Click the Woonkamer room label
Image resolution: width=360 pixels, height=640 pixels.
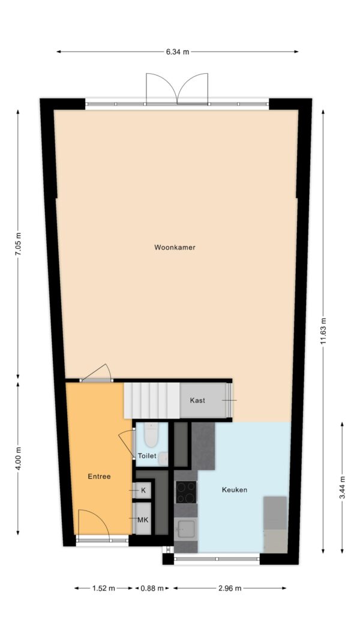coord(175,247)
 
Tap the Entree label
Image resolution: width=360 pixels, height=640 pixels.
coord(99,476)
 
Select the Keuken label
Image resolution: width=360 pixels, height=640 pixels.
coord(234,490)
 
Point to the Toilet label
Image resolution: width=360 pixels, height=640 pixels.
coord(147,456)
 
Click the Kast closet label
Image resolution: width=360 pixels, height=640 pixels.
coord(197,401)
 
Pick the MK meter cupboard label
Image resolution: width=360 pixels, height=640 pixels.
coord(142,520)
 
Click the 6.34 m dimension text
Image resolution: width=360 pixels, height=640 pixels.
coord(178,52)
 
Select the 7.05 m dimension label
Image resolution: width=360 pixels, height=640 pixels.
coord(18,244)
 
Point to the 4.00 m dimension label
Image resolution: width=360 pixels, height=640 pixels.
coord(18,458)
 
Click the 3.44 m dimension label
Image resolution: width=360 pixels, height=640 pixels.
coord(342,487)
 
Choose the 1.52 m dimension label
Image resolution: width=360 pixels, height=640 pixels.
coord(104,588)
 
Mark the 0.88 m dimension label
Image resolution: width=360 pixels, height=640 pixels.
coord(152,588)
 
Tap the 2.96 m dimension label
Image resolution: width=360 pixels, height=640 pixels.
coord(230,588)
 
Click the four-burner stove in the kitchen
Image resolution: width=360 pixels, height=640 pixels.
coord(186,492)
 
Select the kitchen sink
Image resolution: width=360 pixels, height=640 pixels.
coord(186,528)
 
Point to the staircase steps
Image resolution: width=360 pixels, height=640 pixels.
coord(152,401)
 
